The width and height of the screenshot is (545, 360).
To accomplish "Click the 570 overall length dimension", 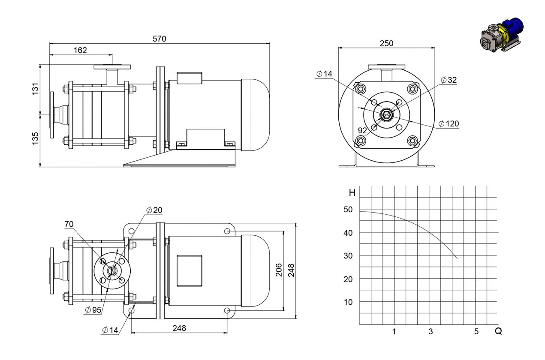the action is click(160, 39).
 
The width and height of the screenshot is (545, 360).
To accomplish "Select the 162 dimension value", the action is click(80, 50).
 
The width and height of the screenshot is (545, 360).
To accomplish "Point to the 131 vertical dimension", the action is click(36, 89).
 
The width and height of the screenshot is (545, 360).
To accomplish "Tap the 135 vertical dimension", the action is click(36, 138).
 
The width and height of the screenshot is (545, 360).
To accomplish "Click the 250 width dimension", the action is click(386, 44).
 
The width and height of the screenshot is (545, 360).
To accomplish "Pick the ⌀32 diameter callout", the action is click(449, 80).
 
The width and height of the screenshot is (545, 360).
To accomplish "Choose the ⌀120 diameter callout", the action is click(449, 123).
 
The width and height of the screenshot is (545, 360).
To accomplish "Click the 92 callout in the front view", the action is click(362, 131).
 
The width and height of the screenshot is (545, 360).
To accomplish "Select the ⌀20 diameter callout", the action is click(154, 210).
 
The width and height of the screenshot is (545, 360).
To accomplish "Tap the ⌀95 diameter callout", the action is click(93, 310).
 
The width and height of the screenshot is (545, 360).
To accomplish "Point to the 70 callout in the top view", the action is click(69, 224).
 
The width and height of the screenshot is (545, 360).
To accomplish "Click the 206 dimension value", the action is click(279, 270).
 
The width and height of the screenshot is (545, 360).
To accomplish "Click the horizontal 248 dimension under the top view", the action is click(179, 328).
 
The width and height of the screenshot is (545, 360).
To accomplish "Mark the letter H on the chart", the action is click(352, 193).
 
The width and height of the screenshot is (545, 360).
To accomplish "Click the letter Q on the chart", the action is click(498, 331).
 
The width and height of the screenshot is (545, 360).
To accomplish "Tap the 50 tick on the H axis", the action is click(348, 210).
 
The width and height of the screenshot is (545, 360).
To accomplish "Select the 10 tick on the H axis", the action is click(348, 302).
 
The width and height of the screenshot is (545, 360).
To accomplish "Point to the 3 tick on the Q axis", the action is click(431, 331).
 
